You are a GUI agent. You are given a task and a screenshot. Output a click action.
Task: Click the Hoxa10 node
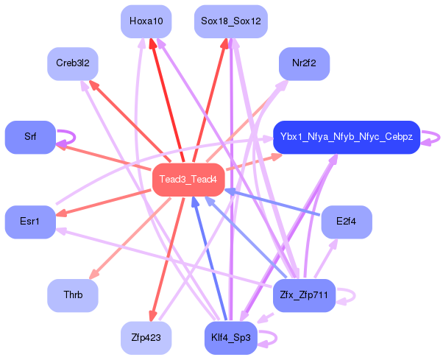(x=146, y=21)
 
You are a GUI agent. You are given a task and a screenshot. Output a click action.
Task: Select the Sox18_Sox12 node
(x=231, y=21)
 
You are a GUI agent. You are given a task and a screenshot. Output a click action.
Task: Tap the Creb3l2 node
(x=73, y=63)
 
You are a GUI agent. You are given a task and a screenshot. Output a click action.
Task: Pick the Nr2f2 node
(x=304, y=63)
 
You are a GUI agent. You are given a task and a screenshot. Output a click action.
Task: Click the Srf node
(x=30, y=138)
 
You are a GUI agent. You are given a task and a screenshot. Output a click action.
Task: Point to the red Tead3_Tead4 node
(x=188, y=180)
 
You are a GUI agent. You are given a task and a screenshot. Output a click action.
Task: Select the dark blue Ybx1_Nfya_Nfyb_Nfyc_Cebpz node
(x=347, y=138)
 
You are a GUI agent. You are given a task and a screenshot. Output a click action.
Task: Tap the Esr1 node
(x=30, y=222)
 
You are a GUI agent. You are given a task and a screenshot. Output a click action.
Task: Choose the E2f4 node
(x=347, y=222)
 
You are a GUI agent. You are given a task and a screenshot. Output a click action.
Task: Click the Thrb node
(x=73, y=295)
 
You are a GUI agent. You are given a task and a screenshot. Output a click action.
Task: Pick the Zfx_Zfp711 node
(x=304, y=295)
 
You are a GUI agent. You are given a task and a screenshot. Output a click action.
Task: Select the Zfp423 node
(x=146, y=338)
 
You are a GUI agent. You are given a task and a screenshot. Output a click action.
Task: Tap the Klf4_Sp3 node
(x=231, y=338)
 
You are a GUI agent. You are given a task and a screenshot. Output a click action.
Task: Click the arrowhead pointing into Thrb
(x=94, y=274)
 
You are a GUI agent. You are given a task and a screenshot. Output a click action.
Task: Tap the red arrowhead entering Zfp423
(x=152, y=317)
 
